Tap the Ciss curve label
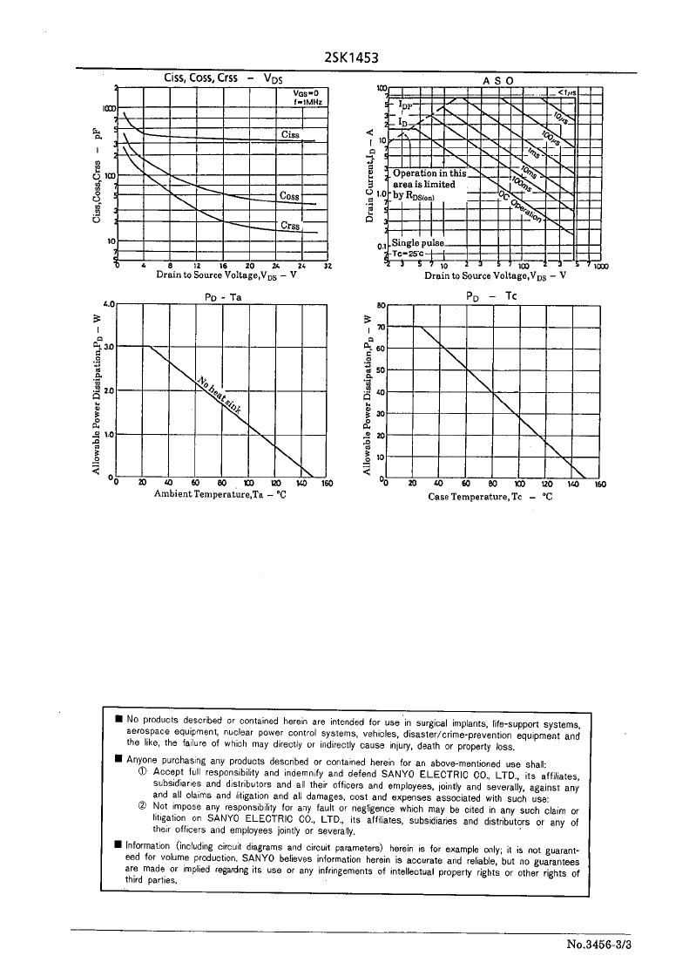[x=291, y=134]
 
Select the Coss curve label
[x=289, y=196]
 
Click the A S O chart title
[x=497, y=80]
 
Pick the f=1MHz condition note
[x=307, y=103]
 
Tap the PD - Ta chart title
[x=222, y=296]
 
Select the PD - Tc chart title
[x=493, y=296]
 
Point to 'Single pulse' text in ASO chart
[x=418, y=243]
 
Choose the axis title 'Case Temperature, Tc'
[x=490, y=496]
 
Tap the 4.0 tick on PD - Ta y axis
[x=109, y=304]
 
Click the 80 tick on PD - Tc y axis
[x=381, y=306]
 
